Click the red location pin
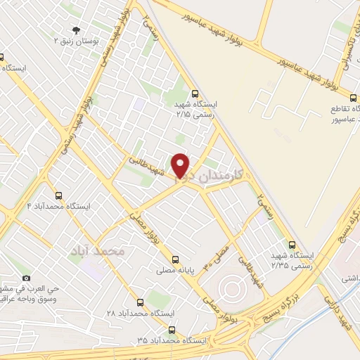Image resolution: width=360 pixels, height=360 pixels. tap(181, 165)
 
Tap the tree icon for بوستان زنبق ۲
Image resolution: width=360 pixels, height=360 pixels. tap(75, 30)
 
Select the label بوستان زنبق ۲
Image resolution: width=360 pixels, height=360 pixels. tap(77, 41)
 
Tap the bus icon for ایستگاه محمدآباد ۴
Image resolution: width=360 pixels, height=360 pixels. tap(58, 195)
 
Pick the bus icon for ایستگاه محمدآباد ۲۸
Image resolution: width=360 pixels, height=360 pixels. tap(139, 302)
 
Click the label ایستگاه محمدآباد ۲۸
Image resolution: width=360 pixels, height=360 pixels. tap(139, 312)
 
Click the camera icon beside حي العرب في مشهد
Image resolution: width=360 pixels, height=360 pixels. tap(26, 278)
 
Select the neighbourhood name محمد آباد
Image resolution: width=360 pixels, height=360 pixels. tap(98, 250)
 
